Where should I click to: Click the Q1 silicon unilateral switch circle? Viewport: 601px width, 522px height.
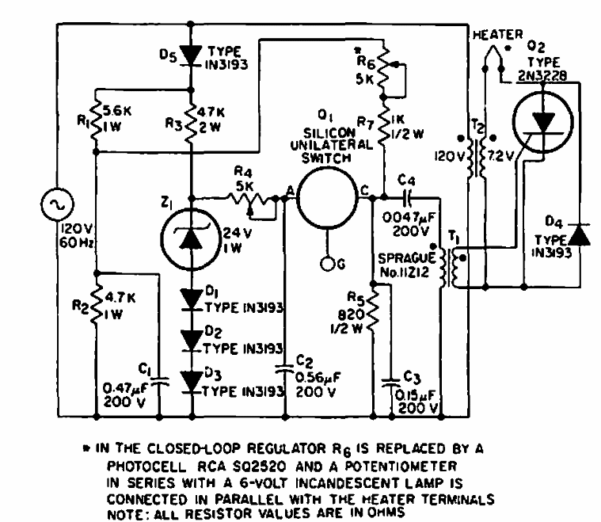tap(327, 198)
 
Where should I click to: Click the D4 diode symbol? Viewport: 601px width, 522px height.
tap(580, 234)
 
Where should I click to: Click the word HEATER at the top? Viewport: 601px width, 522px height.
tap(495, 34)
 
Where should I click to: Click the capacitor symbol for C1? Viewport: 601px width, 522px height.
tap(159, 383)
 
